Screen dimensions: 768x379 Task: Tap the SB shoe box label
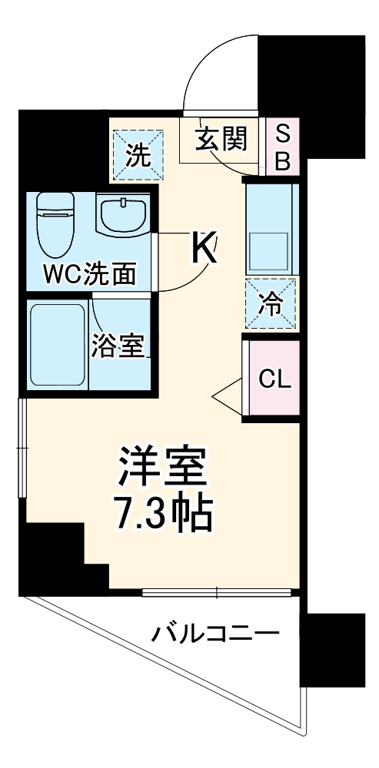pos(283,147)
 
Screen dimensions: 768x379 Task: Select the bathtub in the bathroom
pos(56,345)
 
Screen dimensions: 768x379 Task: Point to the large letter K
pos(203,248)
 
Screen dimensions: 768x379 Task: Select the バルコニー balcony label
pos(214,634)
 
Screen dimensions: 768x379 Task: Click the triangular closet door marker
pos(228,395)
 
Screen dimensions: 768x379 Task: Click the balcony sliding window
pos(218,592)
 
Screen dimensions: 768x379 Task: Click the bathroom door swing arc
pos(115,323)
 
